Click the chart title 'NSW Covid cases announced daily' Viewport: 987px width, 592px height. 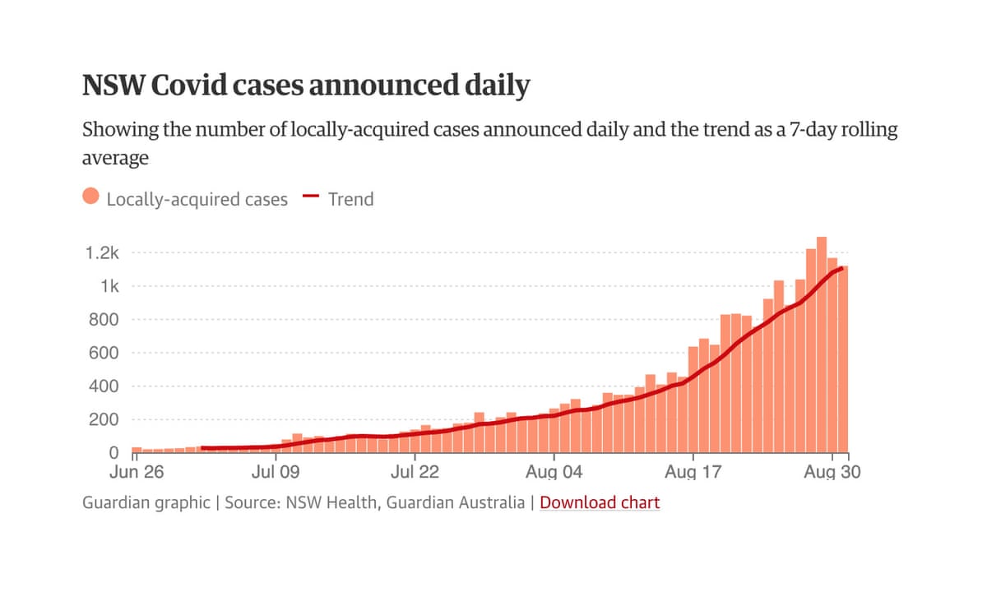click(306, 86)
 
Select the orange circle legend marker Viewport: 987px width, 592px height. click(91, 197)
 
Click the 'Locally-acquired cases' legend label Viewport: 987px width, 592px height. click(197, 199)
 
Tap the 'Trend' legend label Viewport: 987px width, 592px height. click(350, 199)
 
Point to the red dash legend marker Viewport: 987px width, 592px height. click(311, 197)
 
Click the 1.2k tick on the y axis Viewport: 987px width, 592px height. click(103, 253)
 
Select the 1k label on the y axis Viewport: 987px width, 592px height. click(109, 286)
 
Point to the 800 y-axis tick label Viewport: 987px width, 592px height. click(104, 320)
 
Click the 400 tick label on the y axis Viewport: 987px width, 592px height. click(104, 386)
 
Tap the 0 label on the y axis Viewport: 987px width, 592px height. click(114, 453)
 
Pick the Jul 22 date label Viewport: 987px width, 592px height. click(415, 473)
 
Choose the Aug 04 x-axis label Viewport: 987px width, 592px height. click(554, 473)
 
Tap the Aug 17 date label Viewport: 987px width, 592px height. click(693, 473)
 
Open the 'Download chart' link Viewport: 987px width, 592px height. click(600, 502)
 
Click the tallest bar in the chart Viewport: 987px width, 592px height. click(821, 345)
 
